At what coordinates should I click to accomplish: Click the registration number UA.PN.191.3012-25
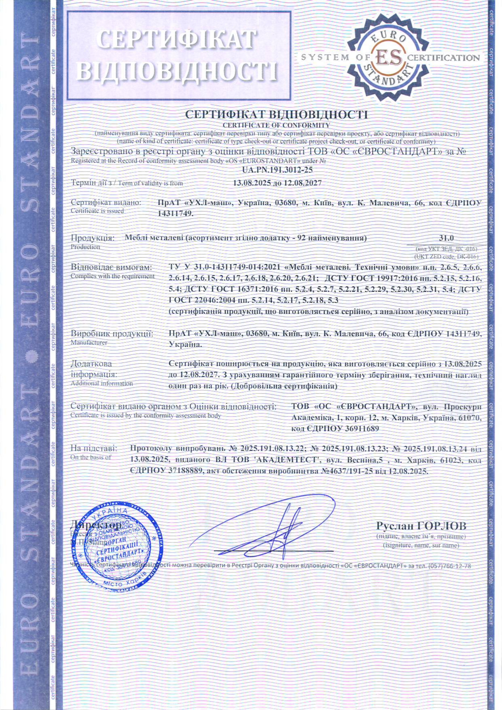277,170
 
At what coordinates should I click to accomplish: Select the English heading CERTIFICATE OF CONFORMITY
277,125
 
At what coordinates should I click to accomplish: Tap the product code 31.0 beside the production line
447,238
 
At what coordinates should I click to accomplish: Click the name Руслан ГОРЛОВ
421,526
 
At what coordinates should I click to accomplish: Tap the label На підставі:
94,448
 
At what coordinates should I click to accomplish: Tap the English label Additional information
102,383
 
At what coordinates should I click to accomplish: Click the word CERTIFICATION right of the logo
443,58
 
